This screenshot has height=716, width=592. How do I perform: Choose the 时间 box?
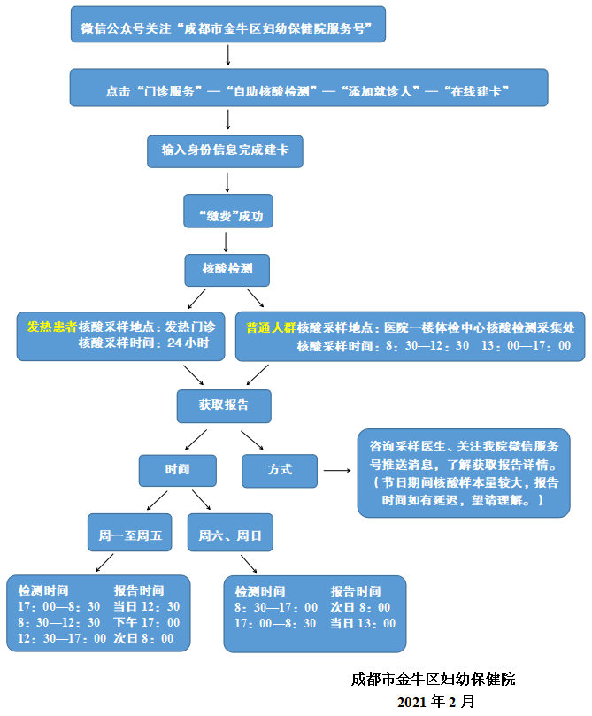point(177,470)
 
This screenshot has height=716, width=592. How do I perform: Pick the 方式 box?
point(280,470)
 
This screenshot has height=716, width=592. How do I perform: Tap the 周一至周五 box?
point(131,535)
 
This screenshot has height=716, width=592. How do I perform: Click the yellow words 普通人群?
point(271,327)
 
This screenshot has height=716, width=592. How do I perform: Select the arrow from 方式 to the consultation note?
point(336,470)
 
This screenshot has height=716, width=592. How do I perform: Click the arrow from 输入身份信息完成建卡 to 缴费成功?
point(228,181)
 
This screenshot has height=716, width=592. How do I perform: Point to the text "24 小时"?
point(188,343)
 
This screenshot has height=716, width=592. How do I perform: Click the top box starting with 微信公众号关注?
point(227,28)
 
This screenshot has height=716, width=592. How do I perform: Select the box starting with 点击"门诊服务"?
point(307,90)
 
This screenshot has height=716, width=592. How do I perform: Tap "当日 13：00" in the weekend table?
point(363,623)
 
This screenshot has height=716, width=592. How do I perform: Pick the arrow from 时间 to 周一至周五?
point(157,500)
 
